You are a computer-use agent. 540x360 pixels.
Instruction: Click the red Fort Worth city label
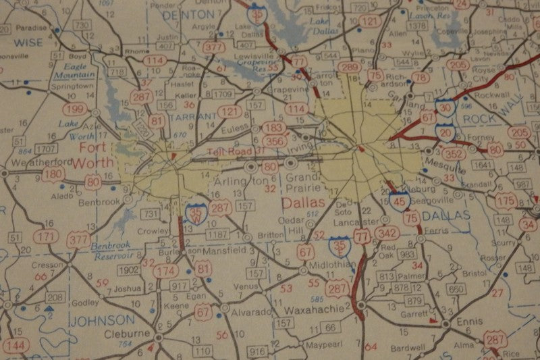coord(95,155)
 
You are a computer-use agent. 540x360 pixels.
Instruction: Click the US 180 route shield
coord(54,175)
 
